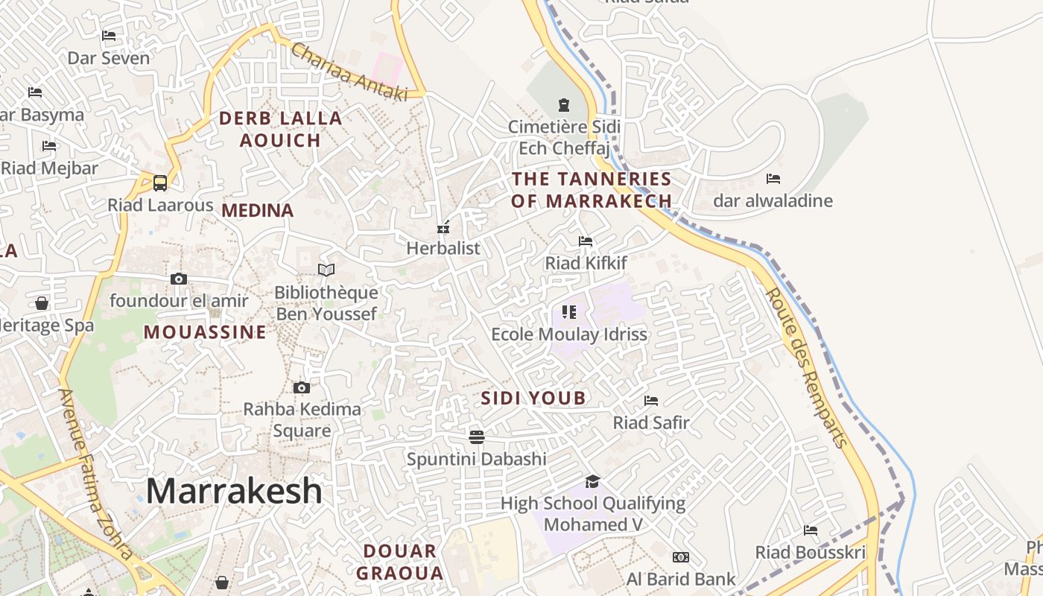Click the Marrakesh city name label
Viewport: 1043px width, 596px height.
click(x=234, y=491)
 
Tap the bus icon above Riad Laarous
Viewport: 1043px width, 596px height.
click(x=160, y=183)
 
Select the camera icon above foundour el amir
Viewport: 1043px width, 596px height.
click(x=179, y=279)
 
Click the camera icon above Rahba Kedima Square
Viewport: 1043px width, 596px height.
click(x=302, y=387)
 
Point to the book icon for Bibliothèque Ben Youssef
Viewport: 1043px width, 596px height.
click(x=326, y=270)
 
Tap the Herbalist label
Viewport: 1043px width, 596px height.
click(x=443, y=248)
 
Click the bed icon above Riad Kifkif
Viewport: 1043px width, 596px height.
click(x=586, y=241)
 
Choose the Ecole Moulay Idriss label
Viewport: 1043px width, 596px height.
click(x=569, y=334)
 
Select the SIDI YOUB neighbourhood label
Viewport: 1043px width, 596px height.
click(x=533, y=398)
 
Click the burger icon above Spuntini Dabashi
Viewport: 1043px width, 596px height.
click(x=477, y=436)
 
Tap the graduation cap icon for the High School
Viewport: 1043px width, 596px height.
click(x=592, y=481)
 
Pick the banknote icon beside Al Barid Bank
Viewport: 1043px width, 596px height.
click(x=681, y=557)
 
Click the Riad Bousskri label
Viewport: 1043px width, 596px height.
click(x=811, y=552)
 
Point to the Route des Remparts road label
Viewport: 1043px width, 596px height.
click(x=807, y=368)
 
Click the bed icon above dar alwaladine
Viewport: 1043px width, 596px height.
click(x=773, y=179)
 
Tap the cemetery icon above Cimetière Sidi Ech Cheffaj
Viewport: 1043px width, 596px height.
click(x=564, y=104)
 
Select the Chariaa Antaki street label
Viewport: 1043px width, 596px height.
click(x=349, y=72)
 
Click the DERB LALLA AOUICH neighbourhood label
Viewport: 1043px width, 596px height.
click(x=280, y=129)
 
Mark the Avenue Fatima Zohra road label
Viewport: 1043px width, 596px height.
click(x=97, y=474)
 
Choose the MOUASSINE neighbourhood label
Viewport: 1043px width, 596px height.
click(x=205, y=332)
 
